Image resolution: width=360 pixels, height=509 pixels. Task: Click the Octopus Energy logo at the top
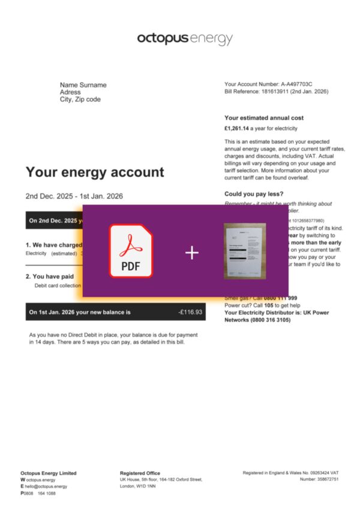184,40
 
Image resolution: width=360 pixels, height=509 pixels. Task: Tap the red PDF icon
131,251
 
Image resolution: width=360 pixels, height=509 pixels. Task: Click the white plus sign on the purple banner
191,253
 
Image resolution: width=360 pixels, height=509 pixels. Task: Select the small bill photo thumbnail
244,251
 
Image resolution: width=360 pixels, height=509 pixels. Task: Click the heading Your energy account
94,173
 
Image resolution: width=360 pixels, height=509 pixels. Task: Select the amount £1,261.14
236,128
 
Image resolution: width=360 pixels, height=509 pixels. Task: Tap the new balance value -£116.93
190,312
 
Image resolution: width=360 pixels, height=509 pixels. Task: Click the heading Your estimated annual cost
263,118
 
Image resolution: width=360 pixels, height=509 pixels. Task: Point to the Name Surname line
83,85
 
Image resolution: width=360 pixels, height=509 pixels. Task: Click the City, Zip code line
80,100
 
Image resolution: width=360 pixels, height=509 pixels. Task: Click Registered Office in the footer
140,473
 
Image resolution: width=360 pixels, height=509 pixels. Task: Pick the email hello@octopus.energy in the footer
46,486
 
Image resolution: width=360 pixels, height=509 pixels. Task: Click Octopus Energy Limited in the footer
48,473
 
